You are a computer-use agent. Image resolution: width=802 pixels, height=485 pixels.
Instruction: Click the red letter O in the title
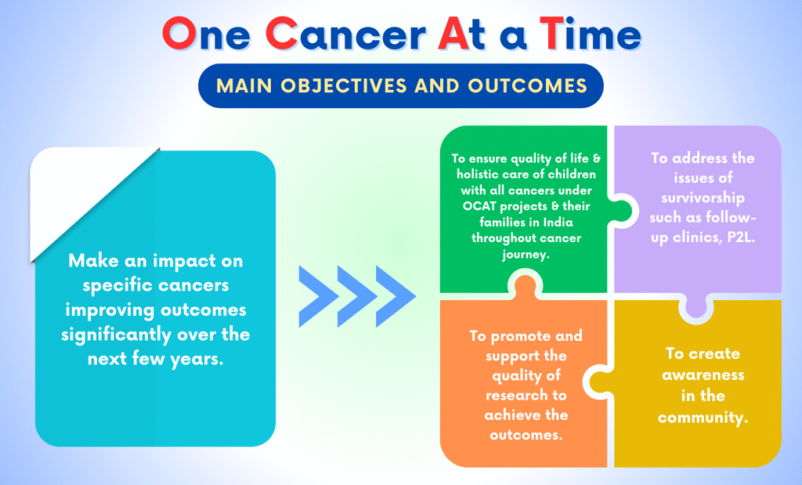(x=179, y=33)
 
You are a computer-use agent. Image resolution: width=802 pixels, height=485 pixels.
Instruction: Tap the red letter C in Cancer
(x=282, y=33)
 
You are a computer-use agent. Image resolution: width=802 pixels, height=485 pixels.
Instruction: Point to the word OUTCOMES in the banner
(x=527, y=85)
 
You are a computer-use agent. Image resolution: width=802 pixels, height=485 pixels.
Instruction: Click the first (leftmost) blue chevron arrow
(x=318, y=296)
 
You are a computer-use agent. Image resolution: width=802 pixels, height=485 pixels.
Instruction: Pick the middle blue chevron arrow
(x=357, y=296)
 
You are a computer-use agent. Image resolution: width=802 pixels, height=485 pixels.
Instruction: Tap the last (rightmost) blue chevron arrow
(x=396, y=296)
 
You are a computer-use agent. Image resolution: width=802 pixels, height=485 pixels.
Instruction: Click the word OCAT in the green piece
(x=479, y=206)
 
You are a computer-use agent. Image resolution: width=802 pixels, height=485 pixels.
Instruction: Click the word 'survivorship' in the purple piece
(x=703, y=198)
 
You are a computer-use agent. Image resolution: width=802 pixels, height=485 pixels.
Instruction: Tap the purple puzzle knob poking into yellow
(x=695, y=308)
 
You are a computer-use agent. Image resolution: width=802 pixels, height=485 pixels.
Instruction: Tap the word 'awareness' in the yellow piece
(x=703, y=375)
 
